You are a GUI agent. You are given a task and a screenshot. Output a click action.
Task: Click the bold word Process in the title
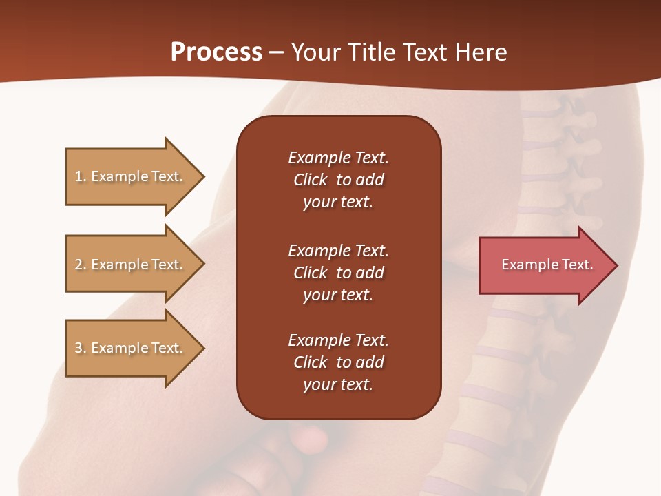coord(216,52)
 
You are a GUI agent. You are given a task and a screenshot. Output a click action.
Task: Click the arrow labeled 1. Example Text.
coord(131,176)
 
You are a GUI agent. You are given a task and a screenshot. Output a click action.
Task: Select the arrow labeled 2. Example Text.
coord(131,265)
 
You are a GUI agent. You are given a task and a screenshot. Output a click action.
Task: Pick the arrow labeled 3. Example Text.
coord(131,348)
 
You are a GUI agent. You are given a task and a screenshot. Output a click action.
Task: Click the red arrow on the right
coord(544,265)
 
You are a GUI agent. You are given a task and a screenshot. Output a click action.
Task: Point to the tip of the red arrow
coord(616,265)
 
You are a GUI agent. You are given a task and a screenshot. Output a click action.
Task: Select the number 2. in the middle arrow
coord(81,265)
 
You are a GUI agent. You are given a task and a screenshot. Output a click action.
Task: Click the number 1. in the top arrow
coord(81,176)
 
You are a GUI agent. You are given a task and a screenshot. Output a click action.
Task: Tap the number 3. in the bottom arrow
coord(81,348)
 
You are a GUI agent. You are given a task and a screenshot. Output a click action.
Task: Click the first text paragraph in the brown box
coord(338,180)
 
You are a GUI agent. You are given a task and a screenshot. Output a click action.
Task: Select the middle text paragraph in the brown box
coord(338,273)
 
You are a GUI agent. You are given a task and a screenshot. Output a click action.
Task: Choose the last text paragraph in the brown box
coord(338,362)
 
